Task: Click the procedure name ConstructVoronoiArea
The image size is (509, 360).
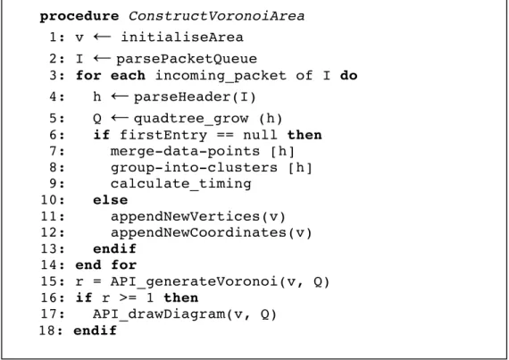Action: click(x=216, y=16)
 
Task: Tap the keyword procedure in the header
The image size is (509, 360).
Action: click(x=79, y=17)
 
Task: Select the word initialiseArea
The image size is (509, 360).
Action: click(x=182, y=37)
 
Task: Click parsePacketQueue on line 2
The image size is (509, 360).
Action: click(x=187, y=59)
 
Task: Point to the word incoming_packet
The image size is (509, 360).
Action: click(x=221, y=76)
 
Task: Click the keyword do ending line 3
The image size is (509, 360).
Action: click(x=348, y=75)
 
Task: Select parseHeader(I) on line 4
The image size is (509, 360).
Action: click(x=195, y=96)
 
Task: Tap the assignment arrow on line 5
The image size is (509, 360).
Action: click(x=120, y=118)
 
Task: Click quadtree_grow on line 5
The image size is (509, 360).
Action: click(x=191, y=119)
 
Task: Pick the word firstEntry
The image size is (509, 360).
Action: click(x=163, y=135)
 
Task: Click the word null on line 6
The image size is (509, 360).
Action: click(x=260, y=135)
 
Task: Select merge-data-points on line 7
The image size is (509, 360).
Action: click(x=185, y=151)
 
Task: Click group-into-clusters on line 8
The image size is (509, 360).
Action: click(x=194, y=168)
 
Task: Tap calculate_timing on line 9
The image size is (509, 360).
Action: click(x=180, y=184)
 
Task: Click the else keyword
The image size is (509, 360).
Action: click(x=111, y=200)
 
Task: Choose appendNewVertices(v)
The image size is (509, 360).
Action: click(x=198, y=216)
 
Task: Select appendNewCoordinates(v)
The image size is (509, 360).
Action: click(x=212, y=233)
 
